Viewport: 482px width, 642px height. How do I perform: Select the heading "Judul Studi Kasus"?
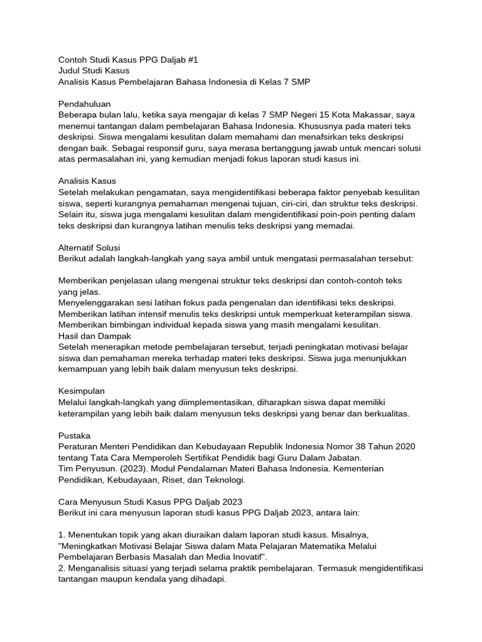(x=94, y=71)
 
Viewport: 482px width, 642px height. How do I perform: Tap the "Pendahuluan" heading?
(x=84, y=103)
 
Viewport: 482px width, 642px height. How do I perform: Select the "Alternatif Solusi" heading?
(x=89, y=248)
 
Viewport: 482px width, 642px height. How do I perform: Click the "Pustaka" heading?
(x=74, y=435)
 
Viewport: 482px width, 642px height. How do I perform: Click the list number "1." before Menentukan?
(x=62, y=535)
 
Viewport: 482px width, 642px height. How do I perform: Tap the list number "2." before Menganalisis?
(x=62, y=568)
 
